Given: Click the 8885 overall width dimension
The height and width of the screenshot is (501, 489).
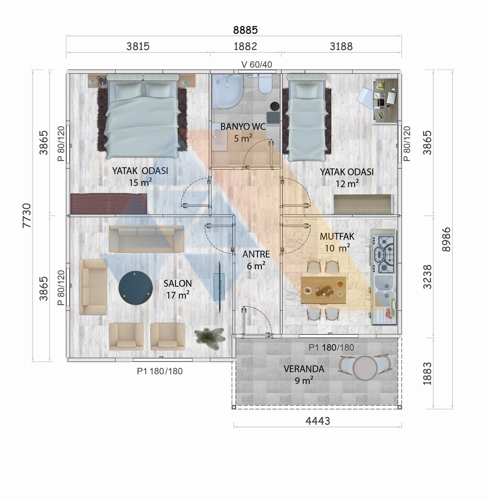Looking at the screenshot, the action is pyautogui.click(x=245, y=30).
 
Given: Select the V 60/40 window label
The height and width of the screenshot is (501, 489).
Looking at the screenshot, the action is pyautogui.click(x=257, y=65).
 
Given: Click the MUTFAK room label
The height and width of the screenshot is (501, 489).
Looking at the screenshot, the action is pyautogui.click(x=337, y=237).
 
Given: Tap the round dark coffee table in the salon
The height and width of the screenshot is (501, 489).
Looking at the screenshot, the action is pyautogui.click(x=136, y=288).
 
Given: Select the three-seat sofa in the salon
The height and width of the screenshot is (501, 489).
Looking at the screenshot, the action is pyautogui.click(x=146, y=239).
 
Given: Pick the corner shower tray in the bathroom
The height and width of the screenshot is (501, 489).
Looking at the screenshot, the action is pyautogui.click(x=227, y=91).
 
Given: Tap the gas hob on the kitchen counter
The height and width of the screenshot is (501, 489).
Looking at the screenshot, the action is pyautogui.click(x=384, y=254).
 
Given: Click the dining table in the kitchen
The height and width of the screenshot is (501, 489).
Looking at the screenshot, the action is pyautogui.click(x=323, y=290).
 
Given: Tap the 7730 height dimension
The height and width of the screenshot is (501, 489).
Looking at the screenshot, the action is pyautogui.click(x=27, y=215).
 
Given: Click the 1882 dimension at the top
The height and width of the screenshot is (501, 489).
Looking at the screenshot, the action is pyautogui.click(x=245, y=47).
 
